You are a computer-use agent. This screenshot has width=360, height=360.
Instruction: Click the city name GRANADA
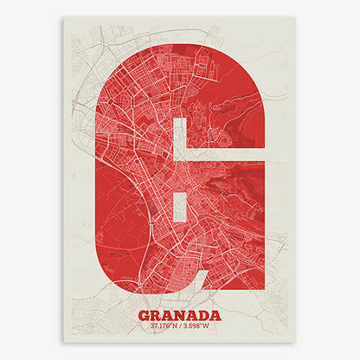coord(179,315)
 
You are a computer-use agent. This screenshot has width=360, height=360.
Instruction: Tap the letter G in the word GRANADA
coord(145,315)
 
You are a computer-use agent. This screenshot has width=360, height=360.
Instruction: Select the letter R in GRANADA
coord(157,315)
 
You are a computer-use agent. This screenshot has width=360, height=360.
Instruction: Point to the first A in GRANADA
coord(169,315)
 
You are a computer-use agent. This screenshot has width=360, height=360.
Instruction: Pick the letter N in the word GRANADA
coord(181,315)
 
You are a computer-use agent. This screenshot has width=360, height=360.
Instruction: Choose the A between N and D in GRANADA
coord(192,315)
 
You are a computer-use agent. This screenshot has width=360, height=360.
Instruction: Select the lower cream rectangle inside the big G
coord(181,208)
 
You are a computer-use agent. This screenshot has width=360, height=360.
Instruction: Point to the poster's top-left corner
coord(65,17)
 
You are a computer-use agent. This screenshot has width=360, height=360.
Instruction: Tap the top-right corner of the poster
coord(295,17)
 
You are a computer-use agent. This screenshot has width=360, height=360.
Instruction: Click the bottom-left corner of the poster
coord(65,342)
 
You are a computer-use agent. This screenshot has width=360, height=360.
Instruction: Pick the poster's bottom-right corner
coord(295,342)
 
